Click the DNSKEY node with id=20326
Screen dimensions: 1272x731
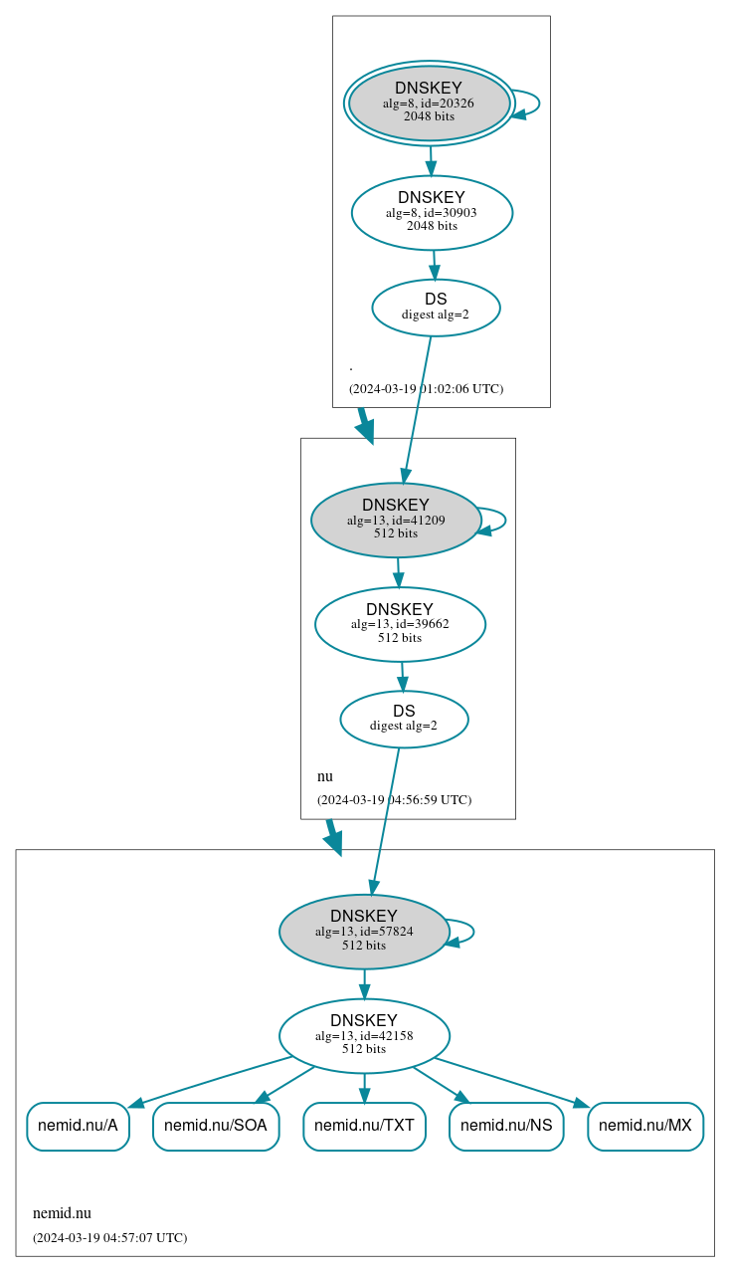click(429, 103)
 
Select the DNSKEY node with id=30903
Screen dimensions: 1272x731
click(432, 212)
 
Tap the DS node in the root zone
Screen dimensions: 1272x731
click(436, 308)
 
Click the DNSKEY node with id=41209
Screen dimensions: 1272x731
click(396, 520)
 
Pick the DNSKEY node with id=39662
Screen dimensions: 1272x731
click(400, 624)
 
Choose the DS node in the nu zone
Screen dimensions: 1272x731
click(404, 719)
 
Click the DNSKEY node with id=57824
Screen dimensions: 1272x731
click(364, 932)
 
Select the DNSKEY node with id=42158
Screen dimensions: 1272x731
click(364, 1035)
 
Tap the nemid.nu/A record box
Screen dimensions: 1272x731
click(78, 1126)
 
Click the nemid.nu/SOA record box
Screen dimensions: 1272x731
click(216, 1126)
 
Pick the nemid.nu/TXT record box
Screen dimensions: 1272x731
click(364, 1126)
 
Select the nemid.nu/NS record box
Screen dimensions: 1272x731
click(506, 1126)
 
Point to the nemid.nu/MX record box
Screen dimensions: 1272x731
click(645, 1126)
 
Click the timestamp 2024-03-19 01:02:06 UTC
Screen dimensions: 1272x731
click(426, 388)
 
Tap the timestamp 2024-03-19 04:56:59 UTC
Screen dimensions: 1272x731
click(394, 799)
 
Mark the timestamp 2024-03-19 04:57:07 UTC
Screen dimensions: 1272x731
click(109, 1237)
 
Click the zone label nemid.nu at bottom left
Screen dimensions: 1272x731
click(62, 1212)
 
